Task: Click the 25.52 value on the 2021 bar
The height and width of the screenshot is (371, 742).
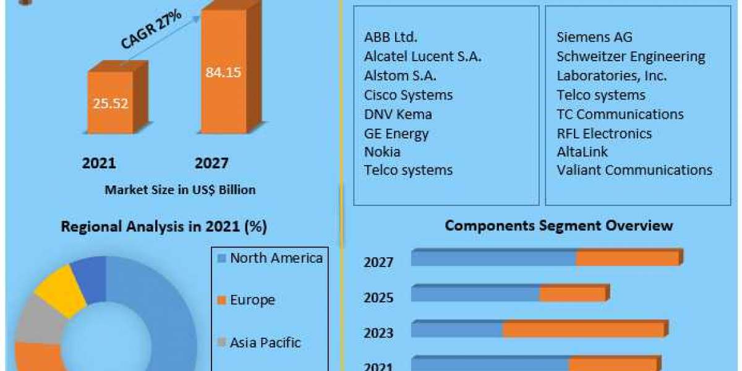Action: [x=111, y=104]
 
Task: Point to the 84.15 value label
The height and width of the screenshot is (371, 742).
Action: [x=223, y=72]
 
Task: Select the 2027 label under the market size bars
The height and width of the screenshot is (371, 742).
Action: [x=211, y=163]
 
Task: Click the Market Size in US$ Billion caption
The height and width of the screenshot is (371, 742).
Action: [x=180, y=190]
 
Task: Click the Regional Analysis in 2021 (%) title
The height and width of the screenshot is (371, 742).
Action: [x=164, y=227]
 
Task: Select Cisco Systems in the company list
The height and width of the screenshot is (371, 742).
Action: [x=408, y=95]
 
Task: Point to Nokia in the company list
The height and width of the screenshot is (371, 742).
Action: [x=382, y=151]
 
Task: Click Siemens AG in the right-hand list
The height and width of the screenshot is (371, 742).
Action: [x=594, y=37]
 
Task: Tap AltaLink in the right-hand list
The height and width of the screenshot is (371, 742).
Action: [x=582, y=151]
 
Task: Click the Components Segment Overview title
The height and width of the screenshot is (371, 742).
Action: [x=558, y=226]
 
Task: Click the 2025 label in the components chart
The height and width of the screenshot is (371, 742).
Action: [x=378, y=298]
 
